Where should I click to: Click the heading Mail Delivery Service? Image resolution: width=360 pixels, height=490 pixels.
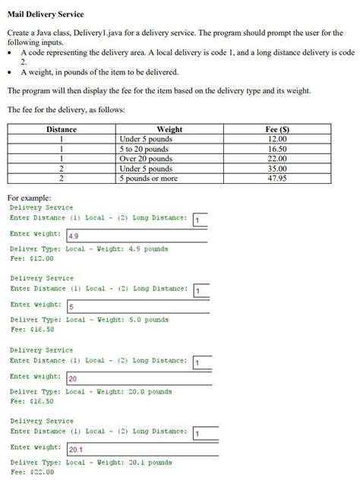pos(46,14)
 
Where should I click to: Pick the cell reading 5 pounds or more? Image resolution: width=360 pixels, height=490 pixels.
pos(149,179)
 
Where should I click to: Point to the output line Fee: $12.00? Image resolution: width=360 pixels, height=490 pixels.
pos(32,258)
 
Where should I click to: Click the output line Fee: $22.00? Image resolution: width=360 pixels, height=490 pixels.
pos(32,472)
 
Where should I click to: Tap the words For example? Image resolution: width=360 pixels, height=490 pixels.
pos(29,198)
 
